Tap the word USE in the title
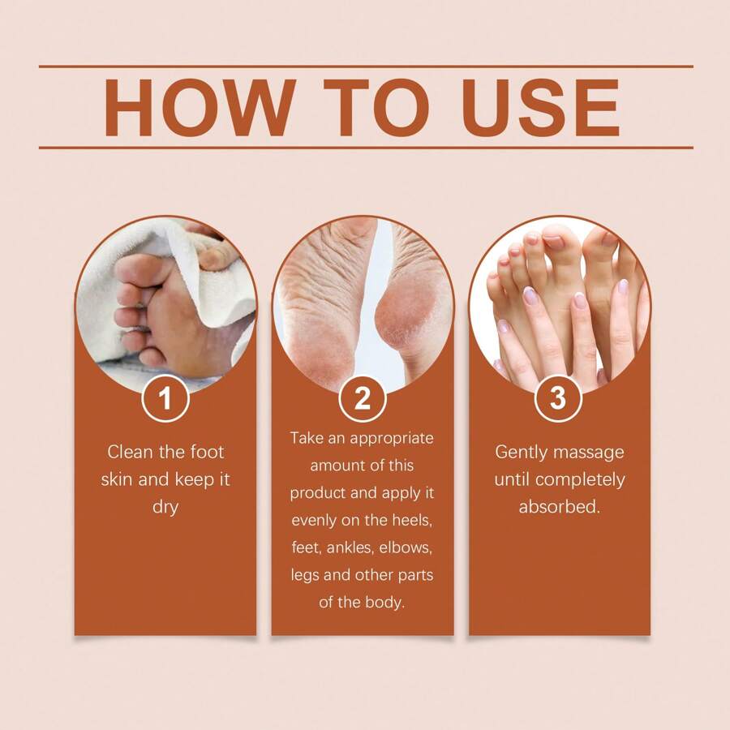(x=541, y=108)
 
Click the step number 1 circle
(x=165, y=398)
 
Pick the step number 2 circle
(x=363, y=398)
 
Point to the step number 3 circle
(x=558, y=398)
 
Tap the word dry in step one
(x=165, y=507)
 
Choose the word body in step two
(x=386, y=603)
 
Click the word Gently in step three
(x=522, y=452)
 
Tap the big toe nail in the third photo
(x=553, y=241)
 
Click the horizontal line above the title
(x=366, y=67)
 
